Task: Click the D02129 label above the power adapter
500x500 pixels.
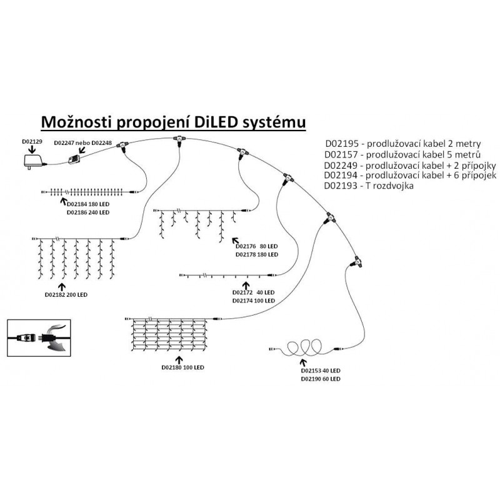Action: tap(32, 142)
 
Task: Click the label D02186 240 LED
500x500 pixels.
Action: tap(87, 212)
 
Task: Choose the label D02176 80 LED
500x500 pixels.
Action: tap(256, 246)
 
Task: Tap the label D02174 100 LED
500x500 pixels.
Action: tap(253, 301)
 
